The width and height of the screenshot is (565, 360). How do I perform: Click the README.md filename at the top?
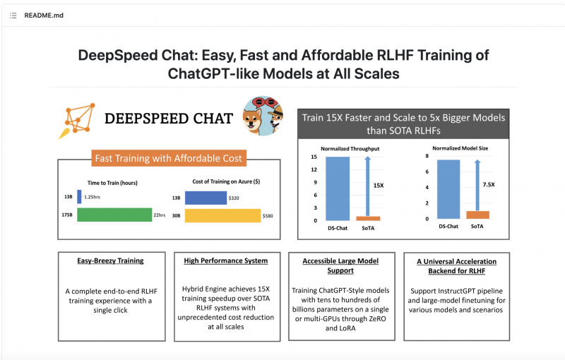[44, 16]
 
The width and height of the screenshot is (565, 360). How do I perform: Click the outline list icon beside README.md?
[13, 16]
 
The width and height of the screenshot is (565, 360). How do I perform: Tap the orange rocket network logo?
[77, 121]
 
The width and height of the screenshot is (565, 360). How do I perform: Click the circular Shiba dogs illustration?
[263, 116]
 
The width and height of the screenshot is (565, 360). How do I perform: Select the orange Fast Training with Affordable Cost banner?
[169, 158]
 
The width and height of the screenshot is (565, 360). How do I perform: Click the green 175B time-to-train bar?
[114, 215]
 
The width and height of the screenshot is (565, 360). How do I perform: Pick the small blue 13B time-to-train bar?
[79, 196]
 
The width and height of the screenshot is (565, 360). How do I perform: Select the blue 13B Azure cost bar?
[206, 198]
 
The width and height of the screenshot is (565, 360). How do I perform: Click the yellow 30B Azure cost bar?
[222, 215]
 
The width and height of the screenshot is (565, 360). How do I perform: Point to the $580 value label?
[268, 216]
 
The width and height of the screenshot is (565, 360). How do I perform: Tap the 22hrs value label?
[160, 215]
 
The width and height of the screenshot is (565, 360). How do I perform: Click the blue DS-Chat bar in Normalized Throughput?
[338, 188]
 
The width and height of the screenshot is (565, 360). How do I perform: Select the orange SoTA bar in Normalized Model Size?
[478, 215]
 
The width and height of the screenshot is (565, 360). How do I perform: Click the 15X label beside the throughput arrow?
[379, 186]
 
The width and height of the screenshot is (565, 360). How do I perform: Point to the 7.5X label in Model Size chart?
[489, 184]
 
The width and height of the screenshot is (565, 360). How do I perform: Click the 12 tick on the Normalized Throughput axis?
[314, 169]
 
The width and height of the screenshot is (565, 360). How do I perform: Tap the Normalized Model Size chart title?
[460, 148]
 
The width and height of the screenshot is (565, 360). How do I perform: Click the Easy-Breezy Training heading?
[110, 260]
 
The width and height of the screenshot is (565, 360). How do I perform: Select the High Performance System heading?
[226, 260]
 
